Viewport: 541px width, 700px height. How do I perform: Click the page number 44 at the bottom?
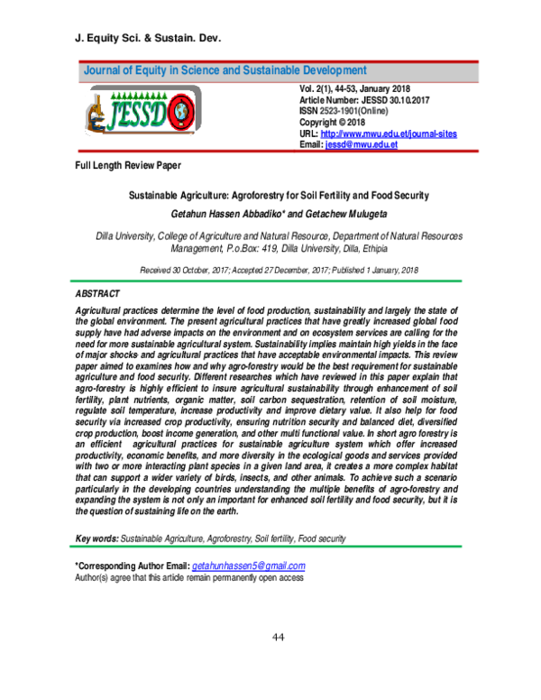pos(279,638)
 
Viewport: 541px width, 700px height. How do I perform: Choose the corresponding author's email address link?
pos(250,566)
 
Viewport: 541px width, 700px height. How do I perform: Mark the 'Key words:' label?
pos(96,538)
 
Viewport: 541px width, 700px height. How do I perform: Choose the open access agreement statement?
pos(188,578)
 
